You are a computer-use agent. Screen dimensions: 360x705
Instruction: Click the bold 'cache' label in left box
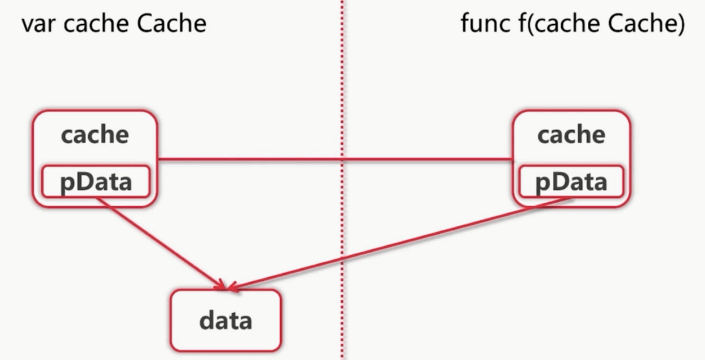tap(95, 135)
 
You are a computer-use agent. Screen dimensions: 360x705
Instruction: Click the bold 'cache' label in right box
tap(571, 135)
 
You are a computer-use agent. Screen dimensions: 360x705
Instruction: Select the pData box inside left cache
tap(96, 181)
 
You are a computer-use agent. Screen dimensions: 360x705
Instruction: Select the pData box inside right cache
tap(571, 181)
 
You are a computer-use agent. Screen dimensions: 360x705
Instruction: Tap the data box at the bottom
tap(225, 320)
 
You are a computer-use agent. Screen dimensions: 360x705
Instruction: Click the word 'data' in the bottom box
tap(225, 321)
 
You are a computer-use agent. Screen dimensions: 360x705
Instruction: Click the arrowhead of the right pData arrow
tap(234, 287)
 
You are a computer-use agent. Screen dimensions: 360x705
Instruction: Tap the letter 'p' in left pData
tap(67, 183)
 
